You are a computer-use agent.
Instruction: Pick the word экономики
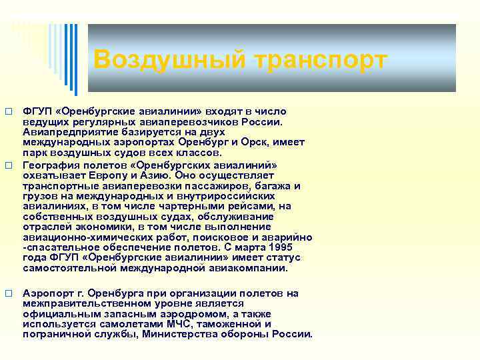[x=95, y=227]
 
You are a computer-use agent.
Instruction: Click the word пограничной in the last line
[x=54, y=335]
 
